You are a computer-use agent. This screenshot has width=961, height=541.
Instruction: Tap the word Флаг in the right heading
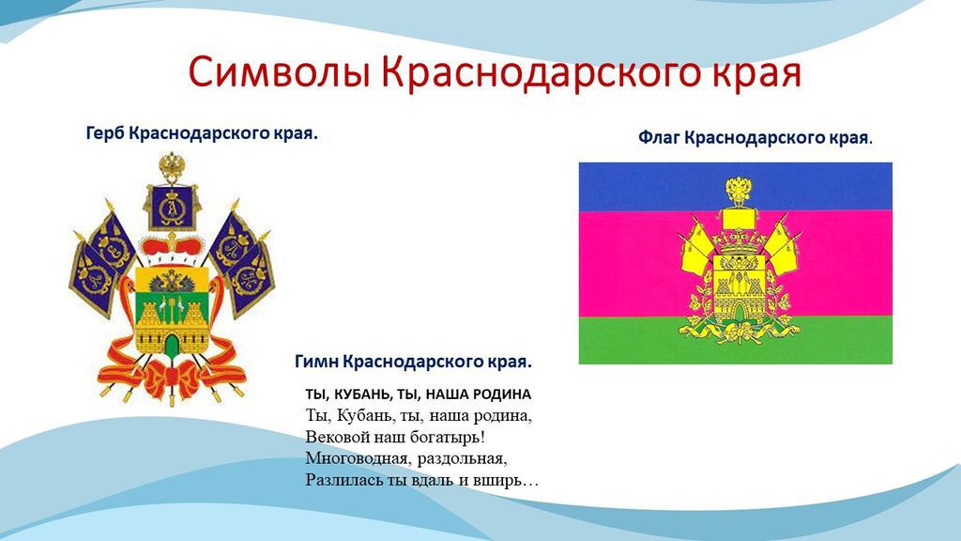[x=659, y=138]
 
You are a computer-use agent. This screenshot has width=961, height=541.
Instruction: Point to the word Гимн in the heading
[x=316, y=361]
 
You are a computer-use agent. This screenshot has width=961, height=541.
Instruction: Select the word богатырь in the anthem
[x=444, y=437]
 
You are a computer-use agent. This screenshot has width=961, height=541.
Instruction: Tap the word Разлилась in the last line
[x=339, y=480]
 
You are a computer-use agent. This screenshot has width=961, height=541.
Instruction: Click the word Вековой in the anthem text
[x=335, y=437]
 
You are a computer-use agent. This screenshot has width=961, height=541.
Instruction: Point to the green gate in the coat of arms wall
[x=172, y=345]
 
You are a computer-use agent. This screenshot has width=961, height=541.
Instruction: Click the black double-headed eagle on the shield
[x=172, y=279]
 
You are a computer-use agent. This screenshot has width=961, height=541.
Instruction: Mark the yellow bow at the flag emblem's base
[x=736, y=330]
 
